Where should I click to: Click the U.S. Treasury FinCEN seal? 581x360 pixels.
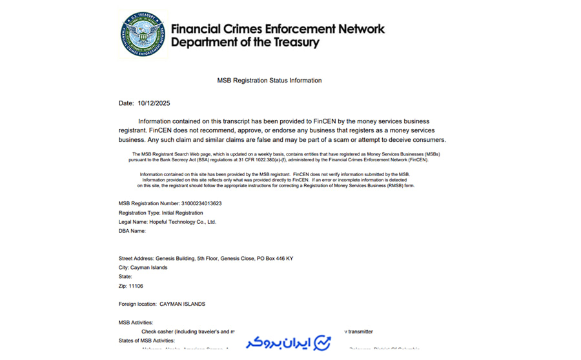(143, 34)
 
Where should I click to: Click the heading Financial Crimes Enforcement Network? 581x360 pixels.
(278, 29)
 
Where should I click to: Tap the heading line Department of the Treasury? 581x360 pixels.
(245, 43)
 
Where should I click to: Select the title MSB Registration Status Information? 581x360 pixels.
(269, 81)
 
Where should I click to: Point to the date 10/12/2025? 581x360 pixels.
(154, 103)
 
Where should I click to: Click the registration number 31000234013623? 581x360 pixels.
(201, 203)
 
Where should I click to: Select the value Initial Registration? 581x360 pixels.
(182, 213)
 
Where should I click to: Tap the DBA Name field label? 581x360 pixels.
(132, 231)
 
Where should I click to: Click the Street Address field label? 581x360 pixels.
(136, 259)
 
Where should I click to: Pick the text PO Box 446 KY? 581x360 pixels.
(275, 259)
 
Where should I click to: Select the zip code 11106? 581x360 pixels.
(136, 286)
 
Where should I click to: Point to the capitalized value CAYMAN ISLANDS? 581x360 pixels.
(182, 304)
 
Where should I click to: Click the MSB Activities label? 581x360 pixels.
(136, 323)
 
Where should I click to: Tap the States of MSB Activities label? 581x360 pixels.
(147, 341)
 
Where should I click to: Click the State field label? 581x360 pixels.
(125, 277)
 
